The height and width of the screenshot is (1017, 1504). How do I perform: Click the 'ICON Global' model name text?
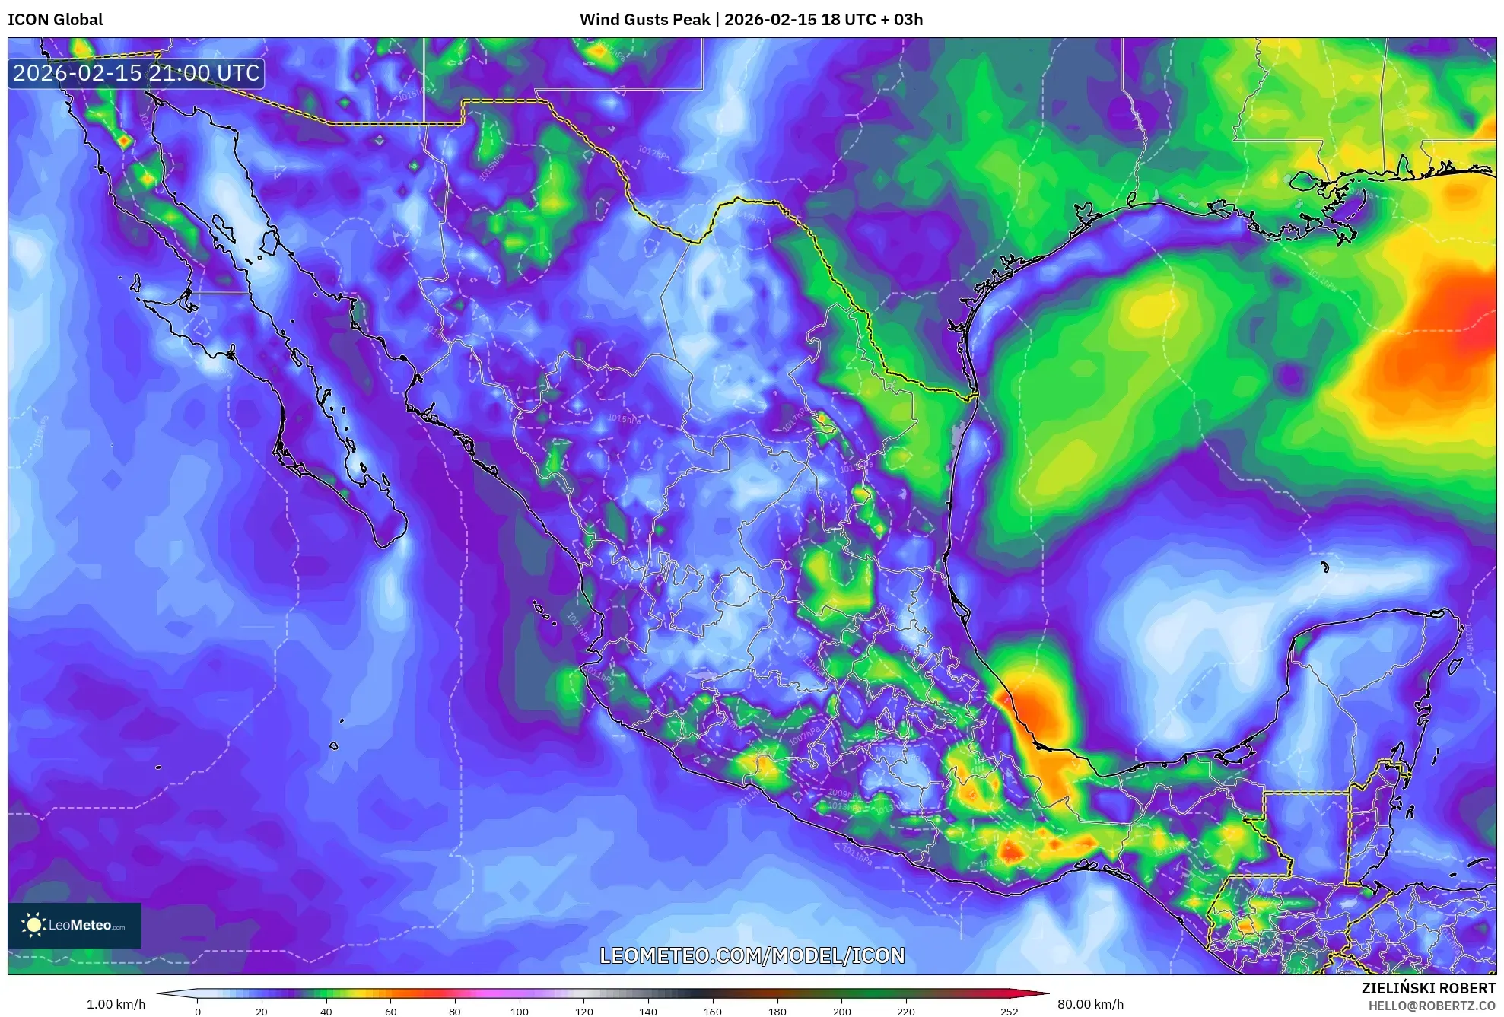pos(55,20)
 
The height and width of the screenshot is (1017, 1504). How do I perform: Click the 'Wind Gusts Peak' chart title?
pos(644,20)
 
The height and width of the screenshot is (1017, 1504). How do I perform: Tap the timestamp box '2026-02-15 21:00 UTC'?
pos(136,73)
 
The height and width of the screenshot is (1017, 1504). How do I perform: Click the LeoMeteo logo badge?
pos(75,925)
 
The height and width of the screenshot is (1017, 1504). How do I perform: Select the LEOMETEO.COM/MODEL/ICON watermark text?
pos(752,955)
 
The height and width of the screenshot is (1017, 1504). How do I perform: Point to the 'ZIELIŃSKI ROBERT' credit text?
pos(1428,988)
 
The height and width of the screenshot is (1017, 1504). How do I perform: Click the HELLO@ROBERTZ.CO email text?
pos(1432,1006)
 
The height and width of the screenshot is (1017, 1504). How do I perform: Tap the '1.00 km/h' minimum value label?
pos(116,1004)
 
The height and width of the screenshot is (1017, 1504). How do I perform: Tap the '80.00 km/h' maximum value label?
pos(1090,1004)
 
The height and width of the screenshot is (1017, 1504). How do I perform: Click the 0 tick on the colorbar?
pos(198,1012)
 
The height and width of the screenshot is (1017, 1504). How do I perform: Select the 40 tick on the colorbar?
pos(326,1012)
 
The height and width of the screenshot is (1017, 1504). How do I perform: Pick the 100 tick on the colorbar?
pos(520,1012)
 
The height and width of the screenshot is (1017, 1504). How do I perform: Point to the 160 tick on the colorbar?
pos(713,1012)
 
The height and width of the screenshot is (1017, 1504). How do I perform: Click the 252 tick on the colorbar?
pos(1009,1012)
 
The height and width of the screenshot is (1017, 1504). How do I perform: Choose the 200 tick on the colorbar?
pos(841,1012)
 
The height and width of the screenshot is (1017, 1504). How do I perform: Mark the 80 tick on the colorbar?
pos(455,1012)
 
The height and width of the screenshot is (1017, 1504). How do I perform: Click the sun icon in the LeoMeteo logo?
pos(33,925)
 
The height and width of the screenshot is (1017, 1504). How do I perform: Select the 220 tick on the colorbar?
pos(906,1012)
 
